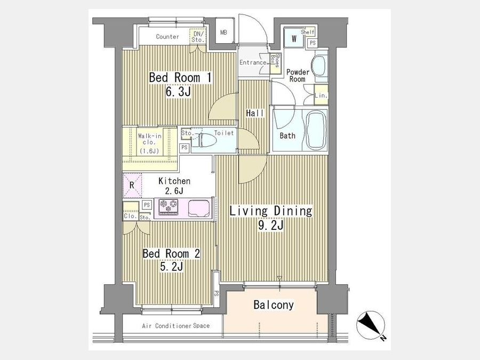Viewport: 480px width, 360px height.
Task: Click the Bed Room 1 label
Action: pyautogui.click(x=180, y=77)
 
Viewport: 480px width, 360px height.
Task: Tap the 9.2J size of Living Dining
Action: pyautogui.click(x=271, y=225)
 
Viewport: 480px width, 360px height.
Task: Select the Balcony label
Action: pyautogui.click(x=274, y=305)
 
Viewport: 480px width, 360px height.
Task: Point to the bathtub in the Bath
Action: pyautogui.click(x=315, y=130)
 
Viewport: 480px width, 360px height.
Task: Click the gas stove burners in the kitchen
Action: pyautogui.click(x=168, y=206)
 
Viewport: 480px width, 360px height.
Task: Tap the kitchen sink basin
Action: pyautogui.click(x=199, y=208)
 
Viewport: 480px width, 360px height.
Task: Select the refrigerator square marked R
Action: pyautogui.click(x=132, y=185)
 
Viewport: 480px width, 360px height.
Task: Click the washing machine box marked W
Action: pyautogui.click(x=293, y=39)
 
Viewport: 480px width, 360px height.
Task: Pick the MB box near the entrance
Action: pyautogui.click(x=224, y=32)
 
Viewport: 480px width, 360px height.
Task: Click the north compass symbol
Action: pyautogui.click(x=371, y=325)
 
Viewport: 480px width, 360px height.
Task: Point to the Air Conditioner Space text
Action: pyautogui.click(x=175, y=326)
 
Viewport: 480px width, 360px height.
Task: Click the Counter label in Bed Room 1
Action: pyautogui.click(x=167, y=37)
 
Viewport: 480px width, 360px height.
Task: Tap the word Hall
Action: pyautogui.click(x=255, y=113)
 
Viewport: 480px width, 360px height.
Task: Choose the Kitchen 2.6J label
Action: pyautogui.click(x=174, y=186)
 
